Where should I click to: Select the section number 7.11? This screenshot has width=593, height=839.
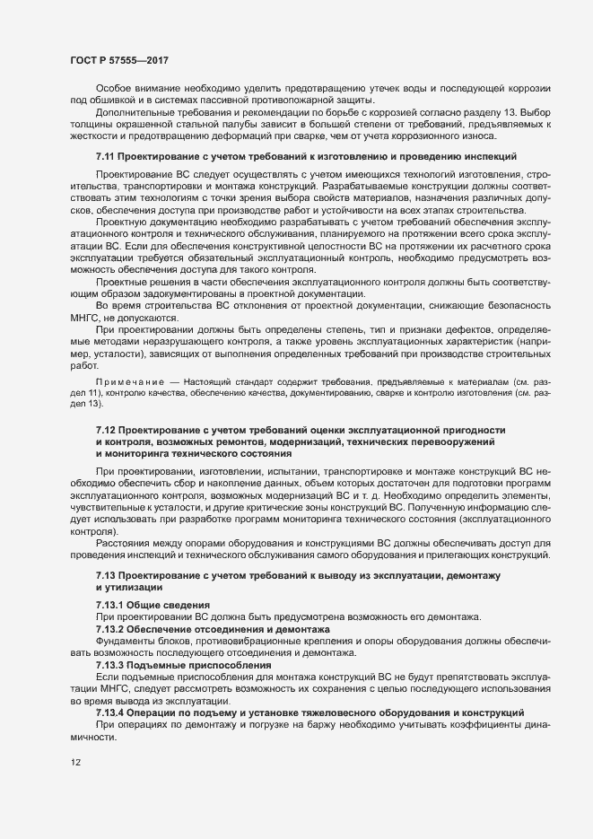[107, 157]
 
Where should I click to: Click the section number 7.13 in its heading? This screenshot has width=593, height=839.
[107, 573]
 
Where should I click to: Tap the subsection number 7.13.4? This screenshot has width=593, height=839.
[111, 712]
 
